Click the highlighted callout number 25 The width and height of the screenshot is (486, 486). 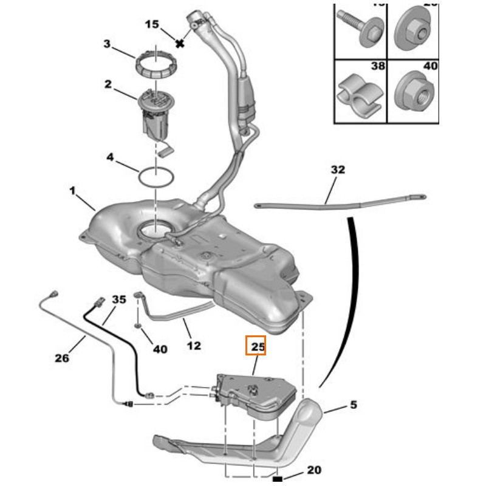256,347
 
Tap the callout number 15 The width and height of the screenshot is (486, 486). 152,24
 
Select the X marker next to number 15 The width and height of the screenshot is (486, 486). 179,43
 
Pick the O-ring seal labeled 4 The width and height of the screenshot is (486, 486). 156,177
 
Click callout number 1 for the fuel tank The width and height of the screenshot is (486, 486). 72,191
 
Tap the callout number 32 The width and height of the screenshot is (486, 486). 337,170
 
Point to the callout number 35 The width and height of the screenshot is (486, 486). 119,299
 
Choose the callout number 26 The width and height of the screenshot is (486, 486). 62,358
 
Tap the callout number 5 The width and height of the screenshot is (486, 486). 354,404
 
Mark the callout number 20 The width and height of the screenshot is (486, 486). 314,470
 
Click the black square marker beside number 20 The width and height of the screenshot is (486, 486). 278,480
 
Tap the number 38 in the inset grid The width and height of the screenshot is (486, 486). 378,66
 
